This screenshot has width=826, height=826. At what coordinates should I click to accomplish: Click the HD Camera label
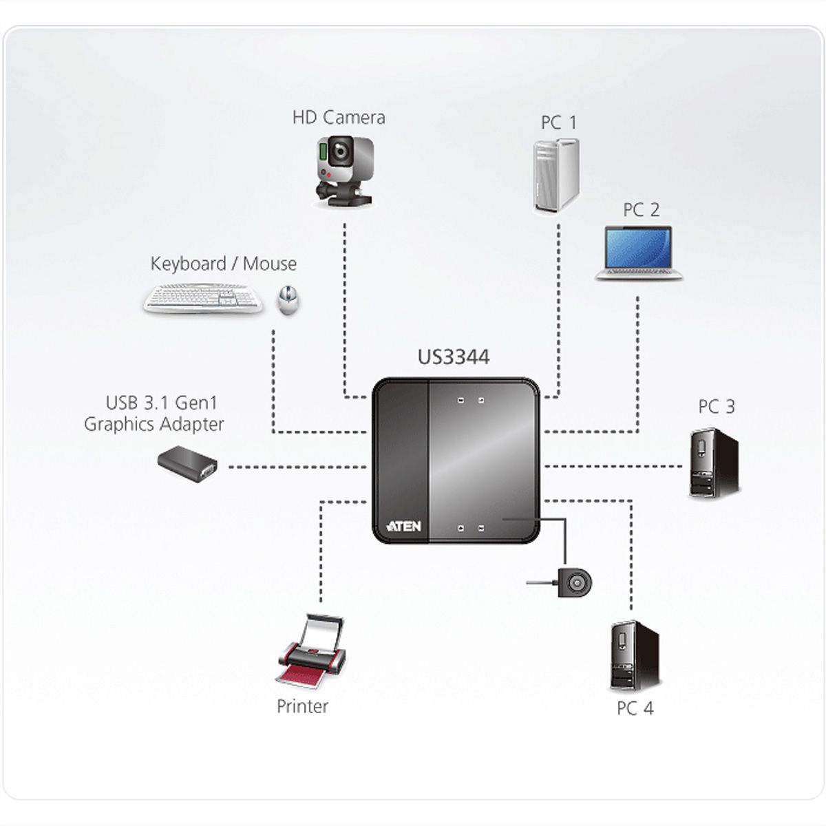pyautogui.click(x=339, y=117)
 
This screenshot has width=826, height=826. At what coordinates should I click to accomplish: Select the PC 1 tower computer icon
pyautogui.click(x=555, y=174)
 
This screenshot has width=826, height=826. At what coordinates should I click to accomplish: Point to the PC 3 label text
pyautogui.click(x=717, y=407)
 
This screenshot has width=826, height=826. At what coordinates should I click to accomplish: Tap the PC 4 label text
pyautogui.click(x=635, y=708)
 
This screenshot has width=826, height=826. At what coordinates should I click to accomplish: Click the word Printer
pyautogui.click(x=302, y=706)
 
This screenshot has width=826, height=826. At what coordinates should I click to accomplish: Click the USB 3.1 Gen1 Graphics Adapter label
pyautogui.click(x=154, y=413)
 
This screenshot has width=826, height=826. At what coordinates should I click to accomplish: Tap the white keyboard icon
pyautogui.click(x=204, y=299)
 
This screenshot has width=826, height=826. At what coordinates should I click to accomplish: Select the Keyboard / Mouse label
pyautogui.click(x=224, y=264)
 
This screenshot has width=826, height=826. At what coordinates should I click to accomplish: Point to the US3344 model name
pyautogui.click(x=454, y=357)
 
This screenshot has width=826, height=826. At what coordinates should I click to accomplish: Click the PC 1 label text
pyautogui.click(x=558, y=123)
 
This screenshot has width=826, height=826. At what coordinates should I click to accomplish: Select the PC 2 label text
pyautogui.click(x=641, y=209)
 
